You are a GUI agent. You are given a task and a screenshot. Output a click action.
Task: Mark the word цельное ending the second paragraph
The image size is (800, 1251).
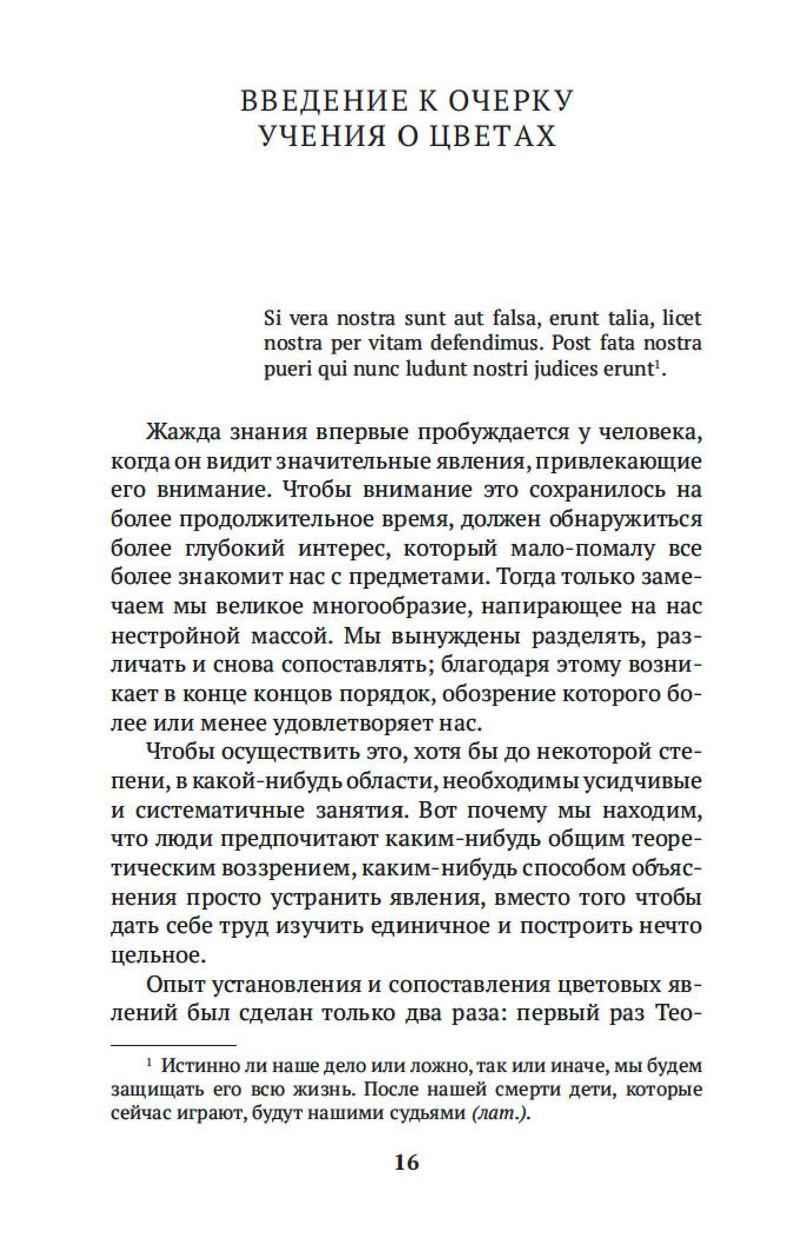(x=158, y=955)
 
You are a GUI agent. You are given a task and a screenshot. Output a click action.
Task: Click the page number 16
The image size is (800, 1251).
(x=407, y=1163)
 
